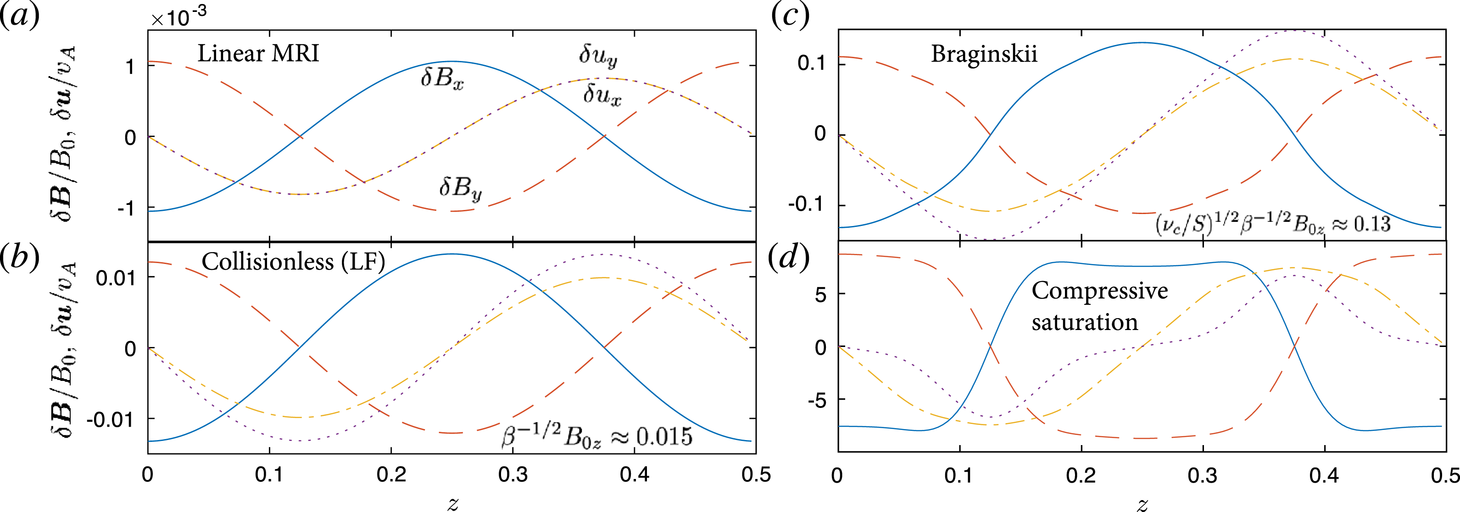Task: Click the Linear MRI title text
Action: (x=258, y=53)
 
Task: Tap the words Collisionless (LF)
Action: (x=293, y=262)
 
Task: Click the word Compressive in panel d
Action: (x=1099, y=291)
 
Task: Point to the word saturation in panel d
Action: (x=1084, y=322)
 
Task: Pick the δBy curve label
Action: (x=460, y=187)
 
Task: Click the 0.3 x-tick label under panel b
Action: (x=513, y=474)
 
